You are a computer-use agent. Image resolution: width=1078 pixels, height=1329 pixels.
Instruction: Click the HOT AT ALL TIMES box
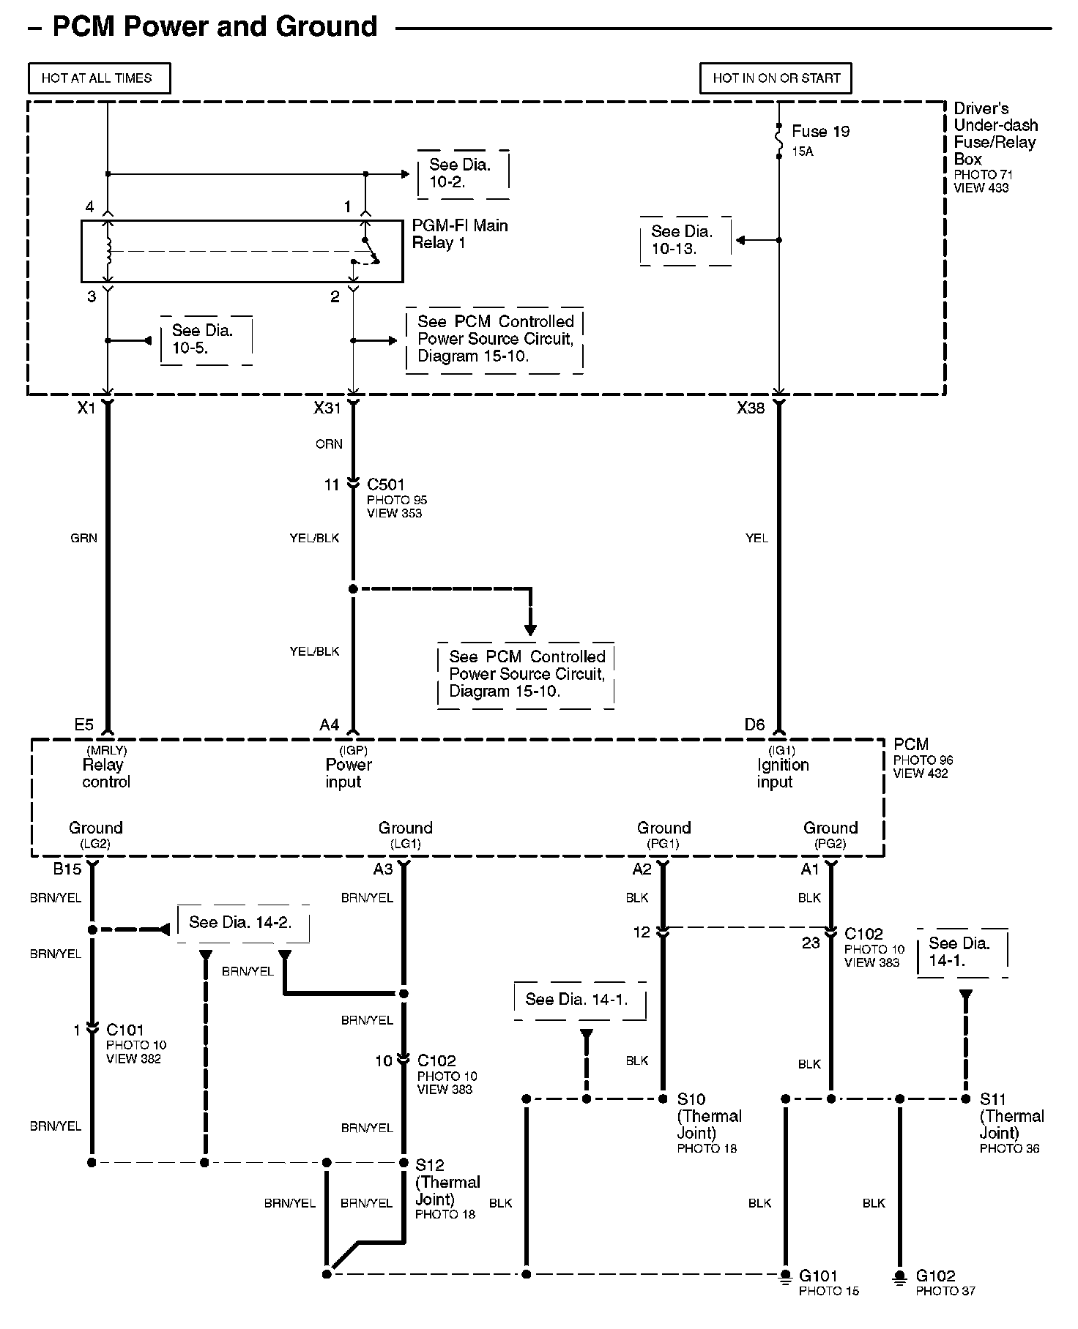coord(99,78)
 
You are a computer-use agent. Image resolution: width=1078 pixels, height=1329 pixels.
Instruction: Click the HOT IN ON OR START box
coord(776,78)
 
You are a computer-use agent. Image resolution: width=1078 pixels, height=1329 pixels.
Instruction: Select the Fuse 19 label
coord(820,132)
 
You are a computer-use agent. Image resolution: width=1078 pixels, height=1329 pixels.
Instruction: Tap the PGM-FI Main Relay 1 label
coord(459,234)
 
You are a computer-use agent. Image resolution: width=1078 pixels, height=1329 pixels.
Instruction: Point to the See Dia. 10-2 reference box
coord(462,174)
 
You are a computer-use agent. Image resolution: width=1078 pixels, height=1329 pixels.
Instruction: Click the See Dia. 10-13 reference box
coord(685,240)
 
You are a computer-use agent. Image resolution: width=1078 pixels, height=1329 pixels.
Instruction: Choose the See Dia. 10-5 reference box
coord(205,340)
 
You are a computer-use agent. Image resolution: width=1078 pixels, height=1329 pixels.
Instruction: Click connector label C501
coord(385,484)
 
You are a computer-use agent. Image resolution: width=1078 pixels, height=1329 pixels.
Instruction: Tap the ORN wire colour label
coord(329,444)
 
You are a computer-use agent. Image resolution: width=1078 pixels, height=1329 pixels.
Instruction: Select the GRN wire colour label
coord(83,538)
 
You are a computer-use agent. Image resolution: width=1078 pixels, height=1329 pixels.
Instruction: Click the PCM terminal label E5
coord(83,725)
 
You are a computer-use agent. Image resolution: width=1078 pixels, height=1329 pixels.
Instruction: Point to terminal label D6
coord(754,725)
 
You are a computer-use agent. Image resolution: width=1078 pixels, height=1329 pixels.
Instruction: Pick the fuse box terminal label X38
coord(751,408)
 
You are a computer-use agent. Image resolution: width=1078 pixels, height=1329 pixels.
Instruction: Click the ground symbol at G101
coord(785,1276)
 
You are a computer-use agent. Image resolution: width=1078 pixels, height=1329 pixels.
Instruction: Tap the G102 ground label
coord(935,1276)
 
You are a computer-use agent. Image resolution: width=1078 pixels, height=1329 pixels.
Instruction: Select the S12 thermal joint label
coord(430,1164)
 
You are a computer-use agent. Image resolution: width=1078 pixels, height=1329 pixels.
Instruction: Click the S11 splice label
coord(993,1098)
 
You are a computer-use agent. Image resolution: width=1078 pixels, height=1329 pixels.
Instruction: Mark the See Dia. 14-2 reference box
coord(242,923)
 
